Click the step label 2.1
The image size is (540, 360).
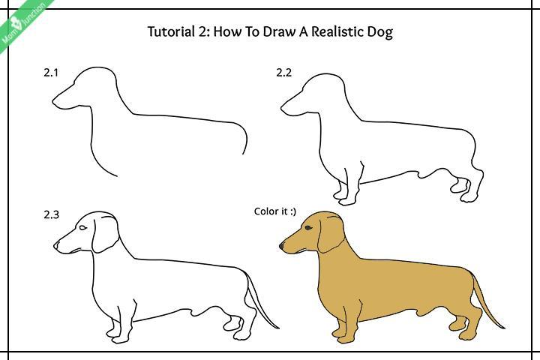[x=51, y=73]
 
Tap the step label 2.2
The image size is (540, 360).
[x=283, y=73]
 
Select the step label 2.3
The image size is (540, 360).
[x=51, y=214]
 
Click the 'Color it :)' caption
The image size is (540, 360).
[x=275, y=211]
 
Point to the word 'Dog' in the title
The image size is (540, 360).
[x=379, y=31]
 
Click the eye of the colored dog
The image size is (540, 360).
[x=308, y=227]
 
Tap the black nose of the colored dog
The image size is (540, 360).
[x=282, y=244]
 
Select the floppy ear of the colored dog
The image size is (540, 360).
[x=329, y=235]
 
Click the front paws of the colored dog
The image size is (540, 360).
[x=345, y=332]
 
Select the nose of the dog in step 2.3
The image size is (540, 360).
[x=56, y=244]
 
